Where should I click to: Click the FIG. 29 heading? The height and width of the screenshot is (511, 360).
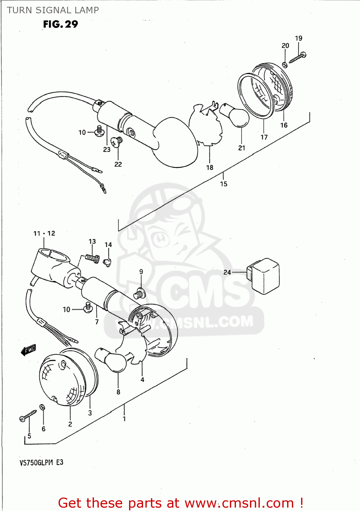pos(61,24)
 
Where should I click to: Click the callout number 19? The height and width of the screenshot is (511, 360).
pos(299,38)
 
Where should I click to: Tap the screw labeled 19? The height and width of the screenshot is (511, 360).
pos(298,58)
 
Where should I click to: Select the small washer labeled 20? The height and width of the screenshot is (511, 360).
pos(285,64)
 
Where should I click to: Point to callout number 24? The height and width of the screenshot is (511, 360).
pos(227,272)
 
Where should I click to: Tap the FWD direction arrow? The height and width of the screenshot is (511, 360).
pos(28,350)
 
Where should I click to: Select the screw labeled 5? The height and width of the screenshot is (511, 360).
pos(28,416)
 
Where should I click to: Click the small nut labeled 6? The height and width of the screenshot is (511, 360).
pos(42,407)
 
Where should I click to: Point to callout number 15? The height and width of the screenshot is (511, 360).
pos(223,184)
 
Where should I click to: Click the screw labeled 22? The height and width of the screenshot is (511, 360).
pos(117,141)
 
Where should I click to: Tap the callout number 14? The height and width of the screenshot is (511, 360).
pos(108,245)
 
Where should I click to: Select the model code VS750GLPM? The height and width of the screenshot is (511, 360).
pos(36,462)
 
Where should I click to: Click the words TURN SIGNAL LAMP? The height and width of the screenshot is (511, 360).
pos(53,10)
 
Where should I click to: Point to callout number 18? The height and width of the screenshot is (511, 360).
pos(210,167)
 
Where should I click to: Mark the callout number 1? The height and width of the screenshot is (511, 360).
pos(124,419)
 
